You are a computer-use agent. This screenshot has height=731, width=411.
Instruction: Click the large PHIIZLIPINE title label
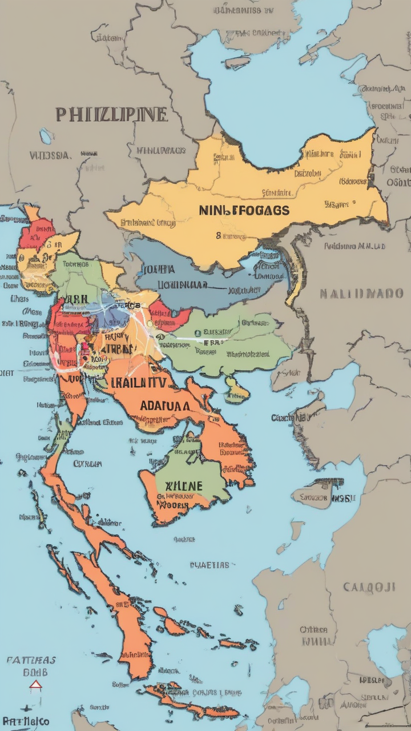coord(112,115)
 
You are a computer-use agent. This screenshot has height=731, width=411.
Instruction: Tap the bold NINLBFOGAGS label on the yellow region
coord(244,210)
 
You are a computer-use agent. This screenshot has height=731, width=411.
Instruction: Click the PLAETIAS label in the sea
coord(209,565)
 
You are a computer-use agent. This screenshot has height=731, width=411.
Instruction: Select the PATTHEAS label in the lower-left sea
coord(31,660)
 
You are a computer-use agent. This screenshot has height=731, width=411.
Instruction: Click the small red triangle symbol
coord(35,685)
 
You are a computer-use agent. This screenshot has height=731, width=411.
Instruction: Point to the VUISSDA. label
coord(50,155)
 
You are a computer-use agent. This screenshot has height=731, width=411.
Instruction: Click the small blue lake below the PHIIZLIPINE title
coord(46,136)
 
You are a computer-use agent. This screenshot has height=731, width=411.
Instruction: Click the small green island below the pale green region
coord(235,388)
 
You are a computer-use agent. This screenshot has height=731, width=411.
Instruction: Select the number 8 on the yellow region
coord(218,234)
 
